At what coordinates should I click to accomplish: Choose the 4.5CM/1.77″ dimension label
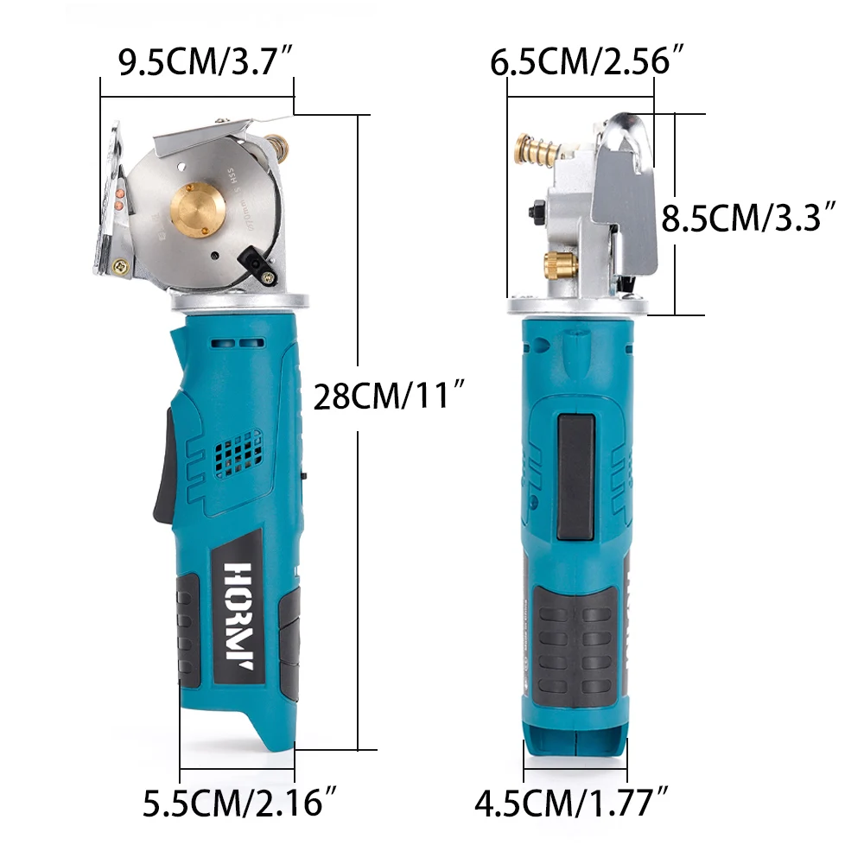click(x=572, y=804)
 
